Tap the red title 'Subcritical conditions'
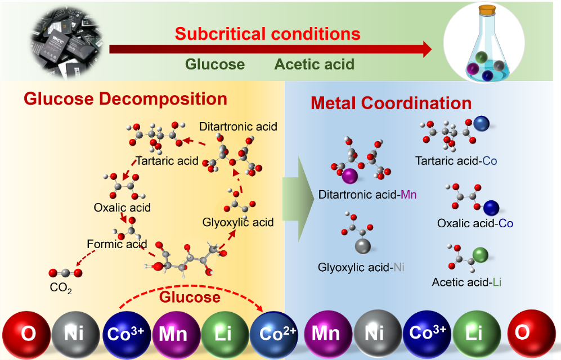point(267,34)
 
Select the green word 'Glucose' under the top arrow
point(216,64)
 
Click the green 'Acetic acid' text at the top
point(314,64)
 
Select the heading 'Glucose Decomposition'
point(125,99)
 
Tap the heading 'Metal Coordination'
point(391,103)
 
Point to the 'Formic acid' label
point(117,244)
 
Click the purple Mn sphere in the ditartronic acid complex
point(350,176)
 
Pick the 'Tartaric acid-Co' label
point(456,161)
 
